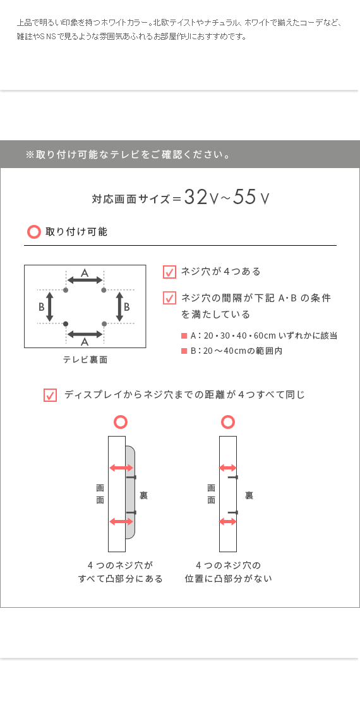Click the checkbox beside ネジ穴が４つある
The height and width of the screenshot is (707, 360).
[169, 272]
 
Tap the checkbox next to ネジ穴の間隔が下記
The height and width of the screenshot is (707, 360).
[169, 298]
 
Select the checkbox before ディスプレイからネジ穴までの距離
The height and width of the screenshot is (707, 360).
[50, 395]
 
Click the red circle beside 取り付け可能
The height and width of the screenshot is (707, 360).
[34, 232]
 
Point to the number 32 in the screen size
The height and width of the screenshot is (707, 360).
[196, 197]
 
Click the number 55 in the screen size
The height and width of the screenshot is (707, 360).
[244, 197]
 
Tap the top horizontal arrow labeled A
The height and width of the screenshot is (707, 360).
[85, 281]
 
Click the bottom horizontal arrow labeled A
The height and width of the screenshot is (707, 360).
[85, 334]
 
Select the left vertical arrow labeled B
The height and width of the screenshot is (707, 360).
[50, 306]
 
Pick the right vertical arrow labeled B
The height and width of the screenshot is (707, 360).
[119, 306]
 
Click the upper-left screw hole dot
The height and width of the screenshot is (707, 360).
[66, 289]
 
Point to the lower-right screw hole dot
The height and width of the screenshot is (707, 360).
[104, 323]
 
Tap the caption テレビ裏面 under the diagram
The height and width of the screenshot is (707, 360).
[85, 360]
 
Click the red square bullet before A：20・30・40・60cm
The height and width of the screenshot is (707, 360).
[184, 336]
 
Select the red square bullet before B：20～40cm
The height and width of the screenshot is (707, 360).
[184, 351]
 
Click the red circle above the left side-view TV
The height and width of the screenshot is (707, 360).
[120, 422]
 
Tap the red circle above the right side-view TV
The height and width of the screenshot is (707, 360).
[228, 422]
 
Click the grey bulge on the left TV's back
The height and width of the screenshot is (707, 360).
[130, 492]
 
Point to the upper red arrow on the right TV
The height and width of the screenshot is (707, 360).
[227, 468]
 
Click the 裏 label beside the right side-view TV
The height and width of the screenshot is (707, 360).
[249, 495]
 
